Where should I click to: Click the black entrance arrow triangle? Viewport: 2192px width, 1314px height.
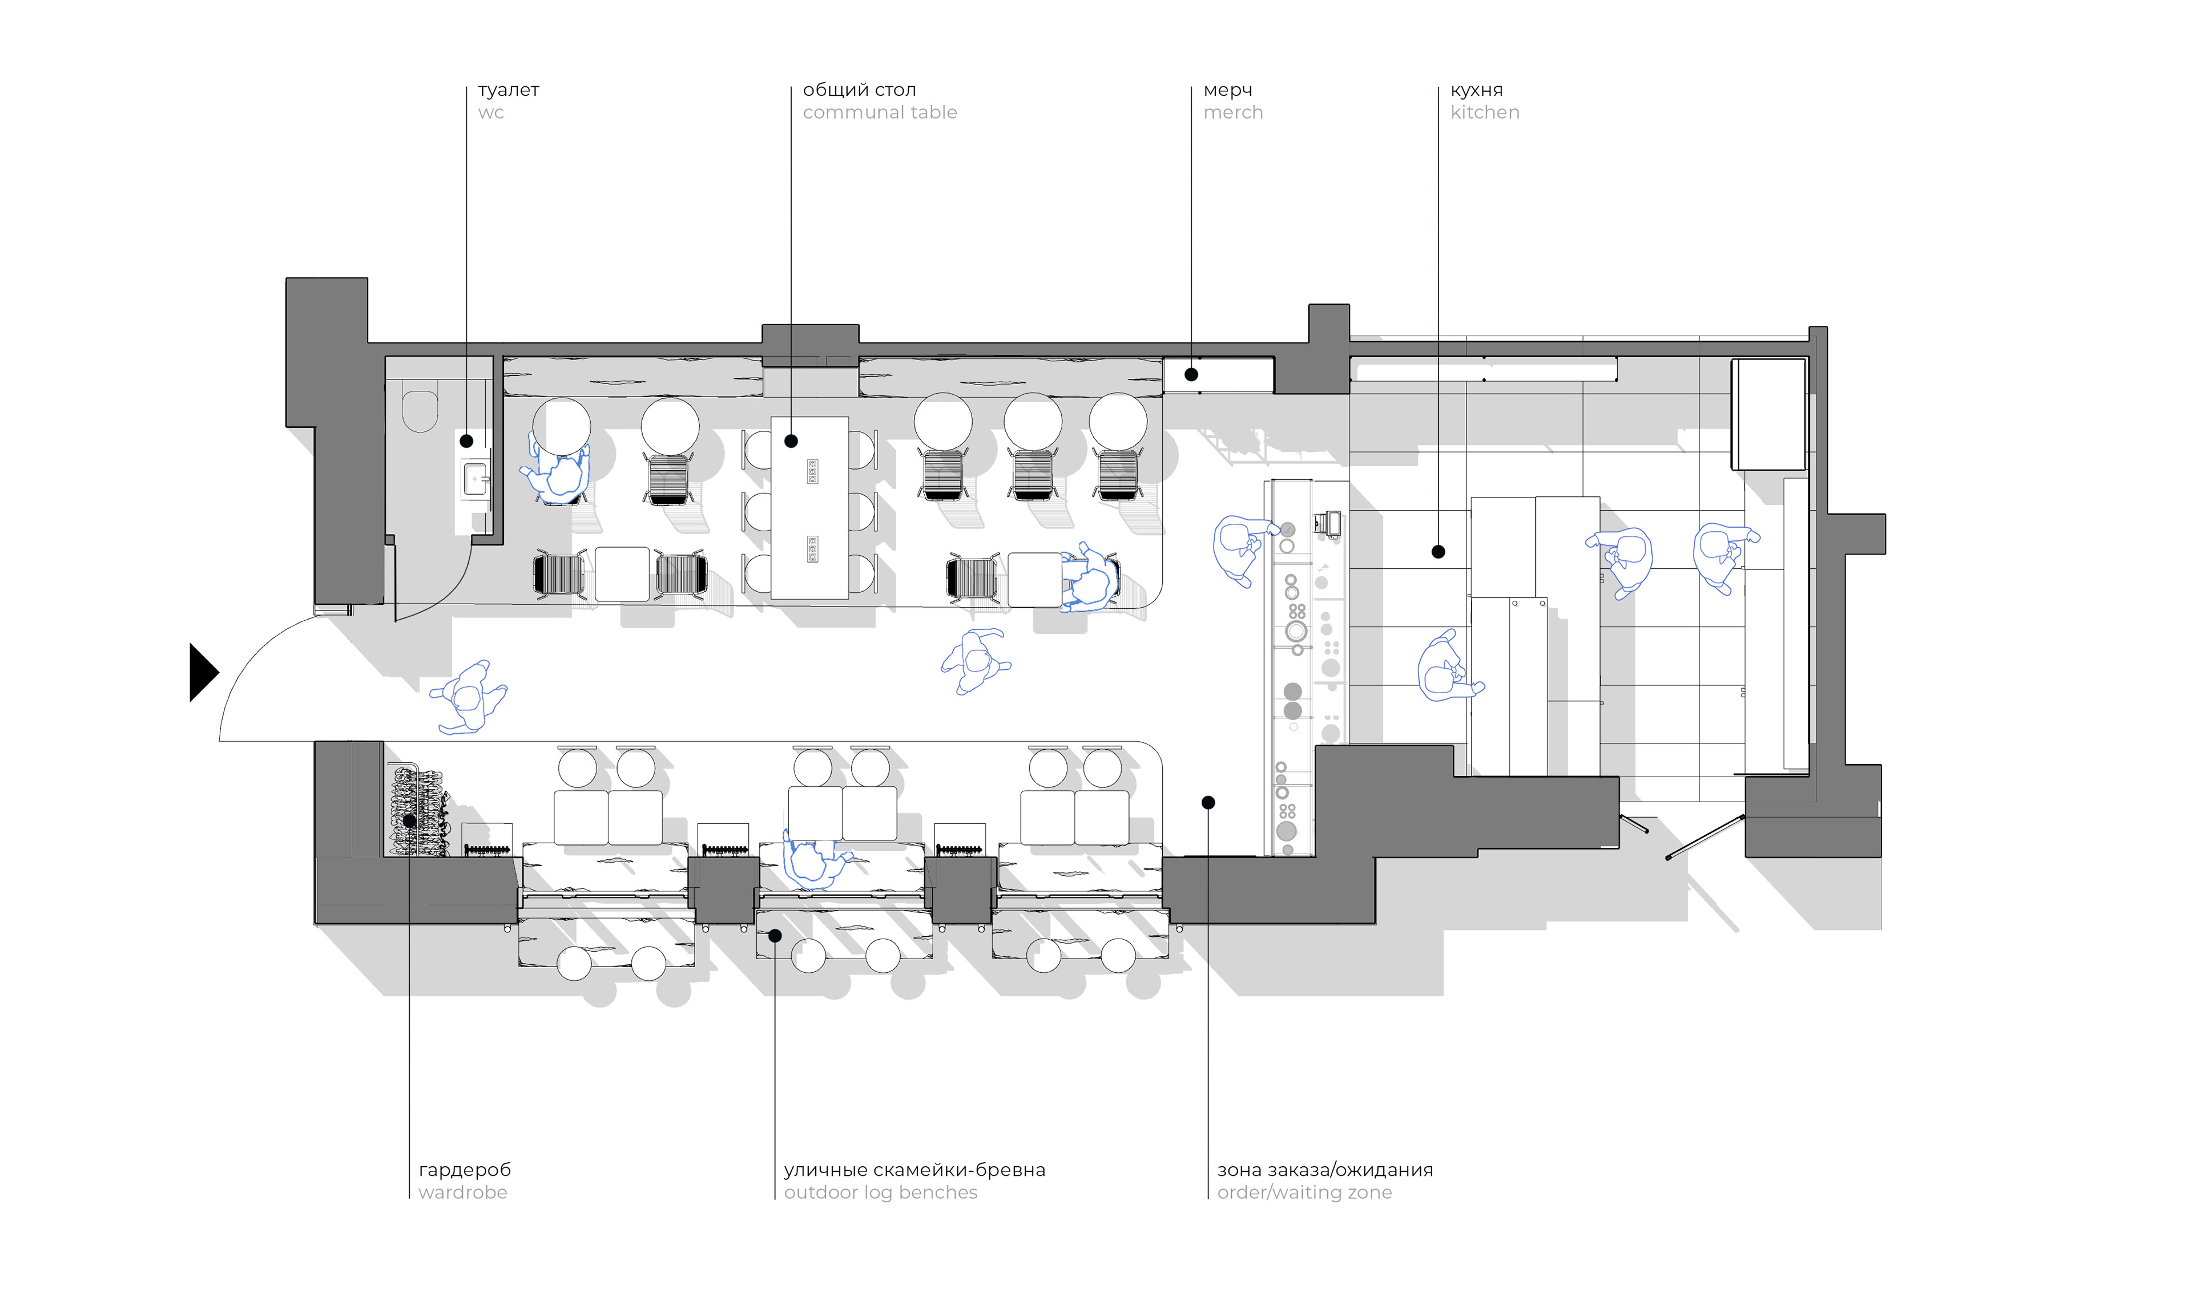[202, 673]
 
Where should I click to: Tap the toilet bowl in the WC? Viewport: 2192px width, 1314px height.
[420, 410]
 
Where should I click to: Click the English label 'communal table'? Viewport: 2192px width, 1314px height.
[880, 112]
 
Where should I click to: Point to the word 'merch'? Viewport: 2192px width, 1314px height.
[1233, 112]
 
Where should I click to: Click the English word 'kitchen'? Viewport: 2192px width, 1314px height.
[1484, 112]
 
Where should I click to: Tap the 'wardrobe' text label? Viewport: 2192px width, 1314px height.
[462, 1192]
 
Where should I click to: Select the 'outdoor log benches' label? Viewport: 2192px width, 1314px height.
[880, 1192]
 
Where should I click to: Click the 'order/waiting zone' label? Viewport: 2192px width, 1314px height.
[1304, 1192]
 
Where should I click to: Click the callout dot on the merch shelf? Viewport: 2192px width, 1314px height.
[1191, 374]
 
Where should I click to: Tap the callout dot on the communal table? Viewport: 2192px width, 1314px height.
[791, 441]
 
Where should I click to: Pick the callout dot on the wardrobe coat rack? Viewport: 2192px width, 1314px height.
[409, 821]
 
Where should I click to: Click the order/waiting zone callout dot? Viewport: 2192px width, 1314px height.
[1208, 802]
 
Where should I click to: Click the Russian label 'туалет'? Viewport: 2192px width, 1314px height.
[509, 90]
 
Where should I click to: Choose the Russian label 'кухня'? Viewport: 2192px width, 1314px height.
[1476, 90]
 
